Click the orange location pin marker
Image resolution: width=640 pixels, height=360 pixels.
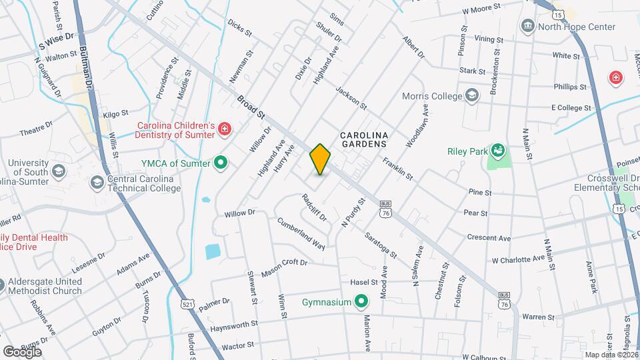pos(321,159)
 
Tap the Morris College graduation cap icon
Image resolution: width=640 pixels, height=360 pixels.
pos(473,95)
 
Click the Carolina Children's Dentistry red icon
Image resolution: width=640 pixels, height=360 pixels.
pos(225,128)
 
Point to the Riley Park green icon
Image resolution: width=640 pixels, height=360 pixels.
pos(497,151)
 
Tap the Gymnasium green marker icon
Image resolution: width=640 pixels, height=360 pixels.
pos(361,303)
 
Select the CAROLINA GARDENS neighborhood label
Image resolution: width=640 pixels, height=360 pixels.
pos(363,139)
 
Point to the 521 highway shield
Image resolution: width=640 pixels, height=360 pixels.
pos(187,304)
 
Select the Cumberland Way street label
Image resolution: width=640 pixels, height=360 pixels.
pos(301,233)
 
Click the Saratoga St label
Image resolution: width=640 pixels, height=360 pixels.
pos(381,245)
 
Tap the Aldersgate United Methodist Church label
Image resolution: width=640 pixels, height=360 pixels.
pos(45,286)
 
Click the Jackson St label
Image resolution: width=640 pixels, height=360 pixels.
pos(351,98)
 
